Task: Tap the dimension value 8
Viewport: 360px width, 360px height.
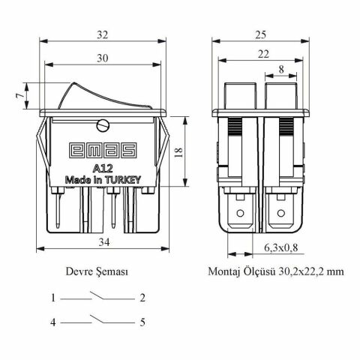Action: (280, 70)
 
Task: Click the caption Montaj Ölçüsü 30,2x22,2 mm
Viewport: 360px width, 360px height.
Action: (277, 272)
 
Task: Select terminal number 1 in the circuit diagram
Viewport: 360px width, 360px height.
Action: (54, 298)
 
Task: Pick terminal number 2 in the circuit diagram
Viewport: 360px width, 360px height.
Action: (142, 298)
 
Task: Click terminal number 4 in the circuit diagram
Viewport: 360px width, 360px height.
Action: (54, 323)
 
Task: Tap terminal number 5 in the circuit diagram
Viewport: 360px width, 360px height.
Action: (142, 323)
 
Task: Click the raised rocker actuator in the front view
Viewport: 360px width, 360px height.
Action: (90, 94)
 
